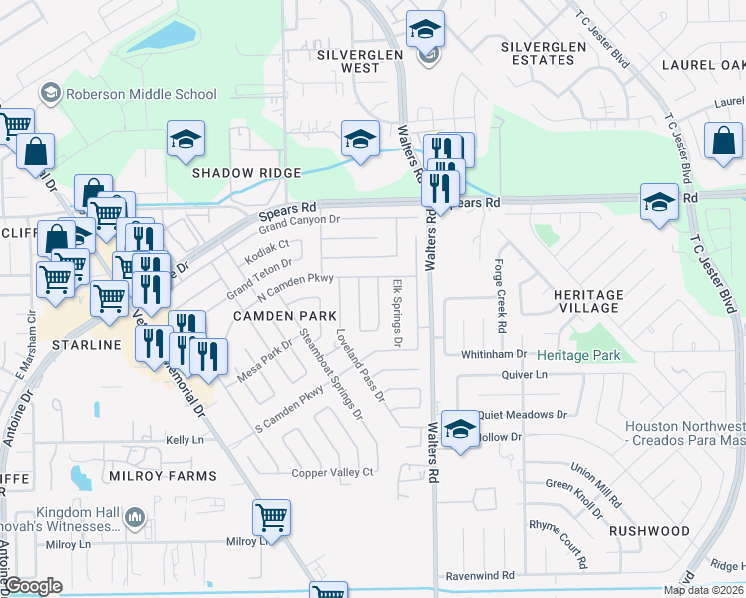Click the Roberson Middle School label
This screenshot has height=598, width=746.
tap(140, 95)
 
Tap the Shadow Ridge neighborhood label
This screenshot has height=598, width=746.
tap(246, 173)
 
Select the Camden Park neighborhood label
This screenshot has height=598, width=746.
tap(284, 315)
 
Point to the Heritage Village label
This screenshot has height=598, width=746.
tap(587, 302)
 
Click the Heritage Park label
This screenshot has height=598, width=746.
tap(577, 355)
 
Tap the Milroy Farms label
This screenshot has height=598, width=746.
tap(164, 476)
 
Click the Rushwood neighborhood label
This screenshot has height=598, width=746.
tap(649, 531)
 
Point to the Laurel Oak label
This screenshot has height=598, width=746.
tap(703, 65)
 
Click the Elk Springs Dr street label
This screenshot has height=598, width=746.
tap(397, 313)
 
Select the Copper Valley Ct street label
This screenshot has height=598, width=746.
tap(332, 472)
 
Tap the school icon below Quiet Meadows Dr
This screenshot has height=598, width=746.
tap(459, 430)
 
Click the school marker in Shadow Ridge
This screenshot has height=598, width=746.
tap(186, 142)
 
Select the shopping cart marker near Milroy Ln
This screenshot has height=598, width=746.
tap(271, 517)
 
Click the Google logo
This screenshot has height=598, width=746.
tap(32, 586)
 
